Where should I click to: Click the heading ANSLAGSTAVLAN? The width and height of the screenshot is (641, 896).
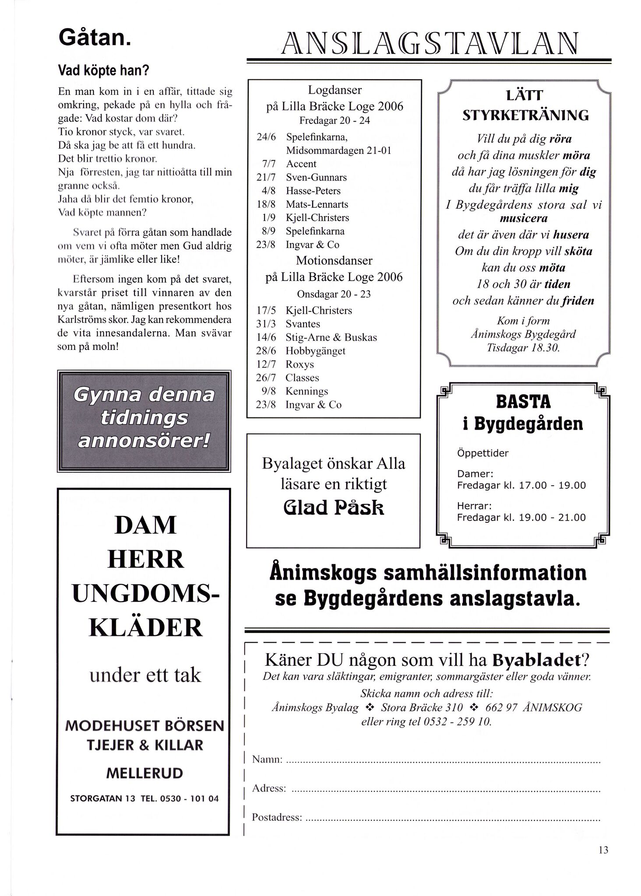click(429, 44)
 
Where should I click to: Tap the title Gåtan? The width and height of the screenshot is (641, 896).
click(94, 38)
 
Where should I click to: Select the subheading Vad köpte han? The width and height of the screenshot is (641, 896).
click(104, 70)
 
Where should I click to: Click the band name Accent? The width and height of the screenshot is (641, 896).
click(301, 164)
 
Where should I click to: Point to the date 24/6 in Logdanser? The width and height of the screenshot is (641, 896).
click(266, 137)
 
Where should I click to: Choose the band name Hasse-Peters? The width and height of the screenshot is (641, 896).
click(313, 191)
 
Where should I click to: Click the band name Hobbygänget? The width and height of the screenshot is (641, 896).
click(315, 351)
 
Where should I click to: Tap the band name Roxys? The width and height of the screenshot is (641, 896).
click(299, 364)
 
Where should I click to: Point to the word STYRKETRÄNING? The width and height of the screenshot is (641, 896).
click(525, 115)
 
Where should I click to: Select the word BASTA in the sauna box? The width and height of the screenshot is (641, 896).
click(523, 402)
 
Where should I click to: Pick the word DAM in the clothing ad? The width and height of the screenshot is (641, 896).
click(145, 525)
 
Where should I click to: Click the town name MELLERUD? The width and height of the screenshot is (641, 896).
click(144, 773)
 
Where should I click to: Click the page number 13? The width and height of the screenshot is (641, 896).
click(603, 850)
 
